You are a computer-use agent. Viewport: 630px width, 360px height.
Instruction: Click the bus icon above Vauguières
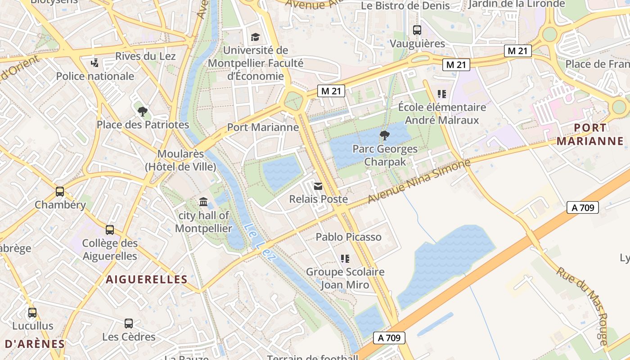417,30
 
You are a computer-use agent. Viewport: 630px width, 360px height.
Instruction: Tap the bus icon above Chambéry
60,192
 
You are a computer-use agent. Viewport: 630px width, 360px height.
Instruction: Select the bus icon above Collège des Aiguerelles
110,230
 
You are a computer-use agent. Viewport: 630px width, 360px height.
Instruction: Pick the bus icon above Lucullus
32,312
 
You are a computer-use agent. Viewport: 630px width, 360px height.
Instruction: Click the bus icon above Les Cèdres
129,323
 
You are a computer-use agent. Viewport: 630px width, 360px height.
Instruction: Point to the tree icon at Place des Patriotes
143,111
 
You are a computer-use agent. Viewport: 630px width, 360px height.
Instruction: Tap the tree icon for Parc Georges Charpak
385,135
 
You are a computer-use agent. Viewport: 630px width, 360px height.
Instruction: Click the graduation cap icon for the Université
256,37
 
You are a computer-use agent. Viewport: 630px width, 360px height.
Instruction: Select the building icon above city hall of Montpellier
203,202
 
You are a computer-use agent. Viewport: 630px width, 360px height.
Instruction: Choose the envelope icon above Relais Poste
318,186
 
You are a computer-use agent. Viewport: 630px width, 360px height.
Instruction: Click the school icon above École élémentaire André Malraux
442,94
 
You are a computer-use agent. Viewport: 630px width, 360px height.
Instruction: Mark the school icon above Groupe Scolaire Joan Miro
345,258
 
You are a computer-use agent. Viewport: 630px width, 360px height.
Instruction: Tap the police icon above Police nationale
95,63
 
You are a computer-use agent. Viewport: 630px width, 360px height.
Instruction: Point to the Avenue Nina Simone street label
419,181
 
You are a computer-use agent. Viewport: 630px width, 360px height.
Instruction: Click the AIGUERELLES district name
147,279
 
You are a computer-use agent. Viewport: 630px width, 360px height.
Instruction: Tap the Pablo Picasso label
348,237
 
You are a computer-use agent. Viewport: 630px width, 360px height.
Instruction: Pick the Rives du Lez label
145,56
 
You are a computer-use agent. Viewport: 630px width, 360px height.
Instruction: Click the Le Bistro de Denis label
405,6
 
